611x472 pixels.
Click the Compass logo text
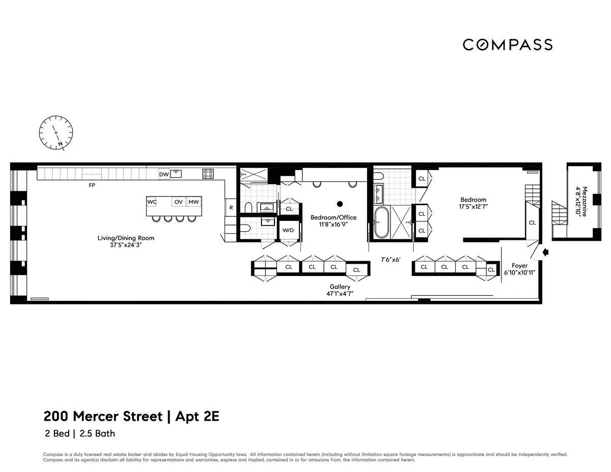pos(508,45)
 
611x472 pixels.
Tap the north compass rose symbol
pos(56,132)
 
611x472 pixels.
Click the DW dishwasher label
pos(163,175)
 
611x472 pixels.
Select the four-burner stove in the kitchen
pos(208,174)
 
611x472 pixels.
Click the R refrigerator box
pos(231,208)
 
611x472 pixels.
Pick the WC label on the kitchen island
pos(152,202)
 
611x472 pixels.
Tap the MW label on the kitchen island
pos(193,202)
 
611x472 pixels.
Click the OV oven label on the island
pos(178,202)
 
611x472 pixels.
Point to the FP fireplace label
pos(92,185)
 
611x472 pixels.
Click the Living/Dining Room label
pos(126,238)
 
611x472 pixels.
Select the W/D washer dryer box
pos(288,230)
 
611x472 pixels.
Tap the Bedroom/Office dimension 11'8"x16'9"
pos(334,224)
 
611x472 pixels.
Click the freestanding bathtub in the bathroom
pos(382,222)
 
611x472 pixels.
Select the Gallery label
pos(340,287)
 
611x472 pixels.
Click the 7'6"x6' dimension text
pos(391,260)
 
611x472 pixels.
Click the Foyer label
pos(519,266)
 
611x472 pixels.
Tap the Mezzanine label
pos(584,200)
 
